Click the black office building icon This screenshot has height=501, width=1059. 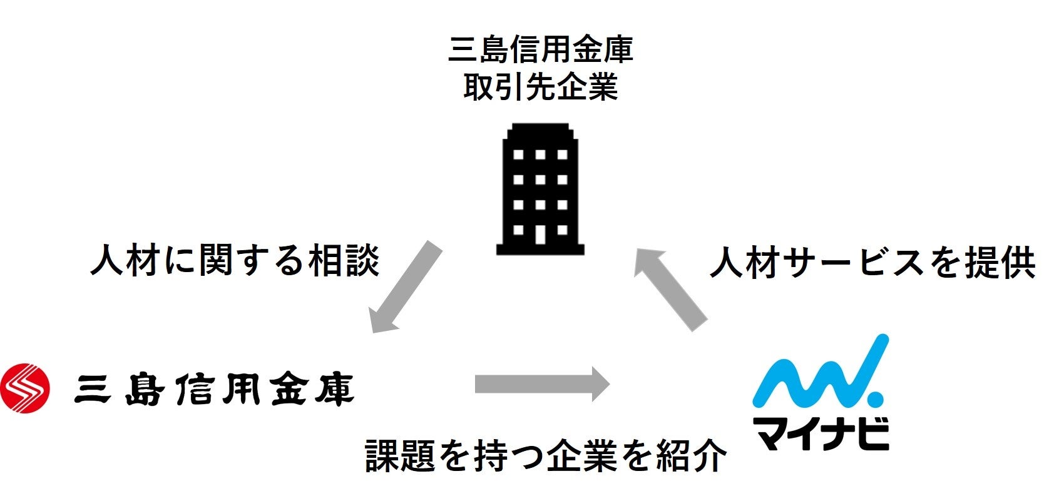(540, 189)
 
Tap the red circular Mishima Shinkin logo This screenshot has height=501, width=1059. (25, 388)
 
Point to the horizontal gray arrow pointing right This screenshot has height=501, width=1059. (542, 383)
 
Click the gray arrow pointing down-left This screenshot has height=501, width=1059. (406, 286)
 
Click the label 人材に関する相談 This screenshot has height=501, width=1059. (235, 260)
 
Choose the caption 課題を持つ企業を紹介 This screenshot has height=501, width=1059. (546, 455)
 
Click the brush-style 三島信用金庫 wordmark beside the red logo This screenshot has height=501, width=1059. (214, 389)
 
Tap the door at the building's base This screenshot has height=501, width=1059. (540, 235)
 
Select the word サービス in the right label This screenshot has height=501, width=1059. (854, 263)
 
